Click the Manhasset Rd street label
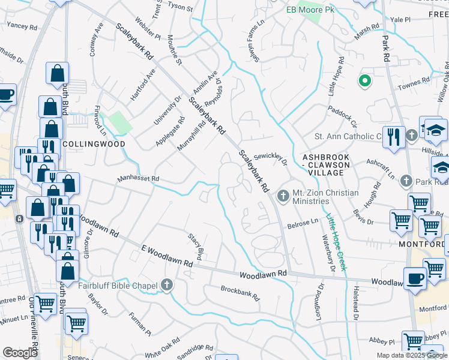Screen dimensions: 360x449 click(138, 179)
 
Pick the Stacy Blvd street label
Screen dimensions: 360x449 click(195, 247)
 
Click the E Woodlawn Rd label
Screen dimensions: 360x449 click(167, 256)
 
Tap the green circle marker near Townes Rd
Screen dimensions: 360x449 click(364, 80)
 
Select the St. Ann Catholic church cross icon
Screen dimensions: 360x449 click(411, 135)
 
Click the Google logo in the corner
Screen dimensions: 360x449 click(20, 353)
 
